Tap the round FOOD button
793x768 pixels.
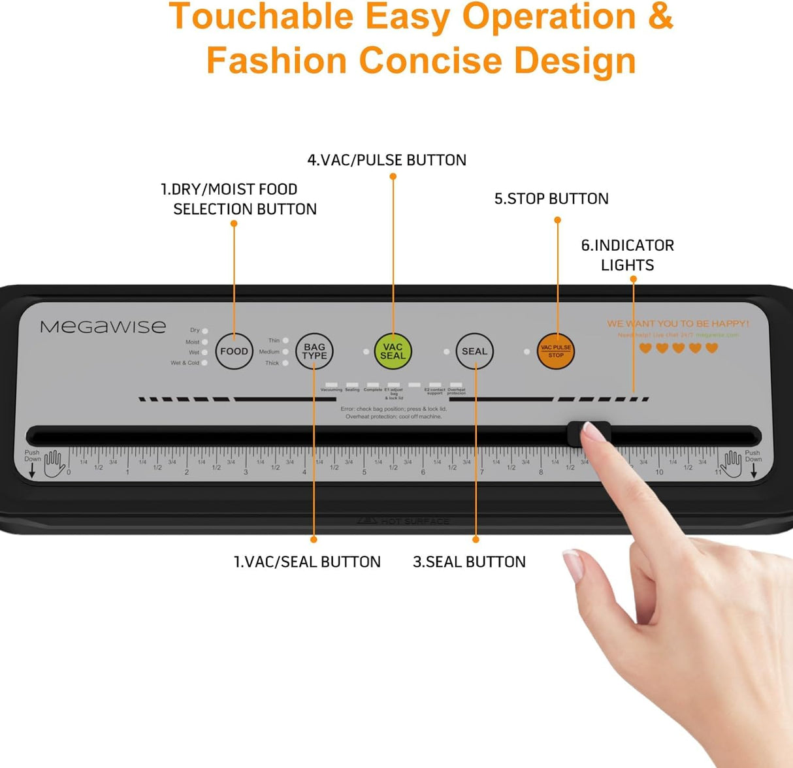coord(234,351)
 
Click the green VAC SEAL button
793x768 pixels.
coord(393,351)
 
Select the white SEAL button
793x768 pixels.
coord(474,351)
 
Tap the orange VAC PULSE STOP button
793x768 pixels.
coord(556,351)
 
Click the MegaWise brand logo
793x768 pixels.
coord(103,327)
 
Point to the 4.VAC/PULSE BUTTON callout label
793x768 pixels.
coord(387,160)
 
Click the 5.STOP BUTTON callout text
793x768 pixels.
coord(551,199)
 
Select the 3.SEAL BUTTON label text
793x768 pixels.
coord(469,562)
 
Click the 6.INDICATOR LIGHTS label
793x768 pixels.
coord(627,255)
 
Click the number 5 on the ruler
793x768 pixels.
coord(364,472)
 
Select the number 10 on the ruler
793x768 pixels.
coord(659,472)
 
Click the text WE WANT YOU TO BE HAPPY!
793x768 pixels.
coord(677,323)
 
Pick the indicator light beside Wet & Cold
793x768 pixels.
coord(204,363)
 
